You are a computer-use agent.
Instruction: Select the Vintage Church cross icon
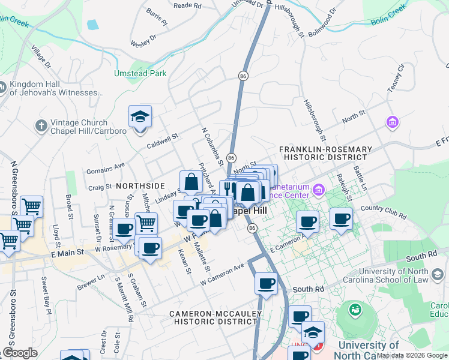pyautogui.click(x=41, y=126)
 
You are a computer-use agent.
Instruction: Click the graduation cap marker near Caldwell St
pyautogui.click(x=140, y=117)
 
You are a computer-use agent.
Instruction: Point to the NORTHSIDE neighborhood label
pyautogui.click(x=140, y=186)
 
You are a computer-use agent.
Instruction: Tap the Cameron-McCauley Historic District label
pyautogui.click(x=215, y=317)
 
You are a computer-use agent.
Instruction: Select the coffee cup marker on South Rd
pyautogui.click(x=265, y=284)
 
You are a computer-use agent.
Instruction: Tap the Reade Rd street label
pyautogui.click(x=187, y=5)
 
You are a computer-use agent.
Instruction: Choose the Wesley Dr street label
pyautogui.click(x=143, y=40)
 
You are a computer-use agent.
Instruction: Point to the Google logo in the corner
pyautogui.click(x=19, y=353)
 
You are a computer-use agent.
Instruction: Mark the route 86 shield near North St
pyautogui.click(x=231, y=157)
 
